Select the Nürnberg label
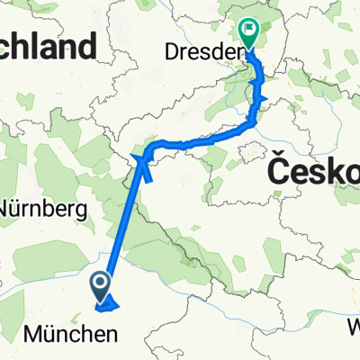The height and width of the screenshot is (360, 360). [42, 209]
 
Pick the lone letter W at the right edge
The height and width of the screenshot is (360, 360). [353, 325]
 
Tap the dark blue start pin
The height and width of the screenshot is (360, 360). [101, 286]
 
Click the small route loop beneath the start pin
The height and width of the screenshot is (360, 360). [111, 307]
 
